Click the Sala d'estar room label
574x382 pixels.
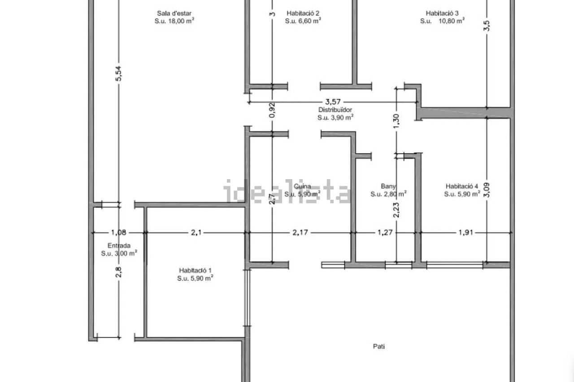pos(174,13)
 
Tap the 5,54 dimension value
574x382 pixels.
pos(118,74)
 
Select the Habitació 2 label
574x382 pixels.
pos(303,13)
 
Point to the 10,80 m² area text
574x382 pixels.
pos(452,21)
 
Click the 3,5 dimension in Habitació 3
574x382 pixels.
pos(487,26)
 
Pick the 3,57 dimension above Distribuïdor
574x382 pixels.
pos(333,102)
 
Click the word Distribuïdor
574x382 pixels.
pos(335,110)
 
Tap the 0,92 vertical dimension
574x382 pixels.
pos(272,110)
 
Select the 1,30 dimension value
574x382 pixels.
pos(396,121)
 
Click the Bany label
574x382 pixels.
pos(388,187)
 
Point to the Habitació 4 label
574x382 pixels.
pos(462,186)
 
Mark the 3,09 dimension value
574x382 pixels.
pos(487,190)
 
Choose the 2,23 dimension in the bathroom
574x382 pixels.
pos(396,210)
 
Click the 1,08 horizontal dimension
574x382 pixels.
pos(119,232)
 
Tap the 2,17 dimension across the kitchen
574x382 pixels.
pos(300,232)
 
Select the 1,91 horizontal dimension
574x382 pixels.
pos(465,232)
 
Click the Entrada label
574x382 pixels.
pos(119,245)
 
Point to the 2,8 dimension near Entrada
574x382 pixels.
pos(118,272)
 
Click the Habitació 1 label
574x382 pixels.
pos(195,270)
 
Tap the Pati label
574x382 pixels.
pos(379,347)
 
